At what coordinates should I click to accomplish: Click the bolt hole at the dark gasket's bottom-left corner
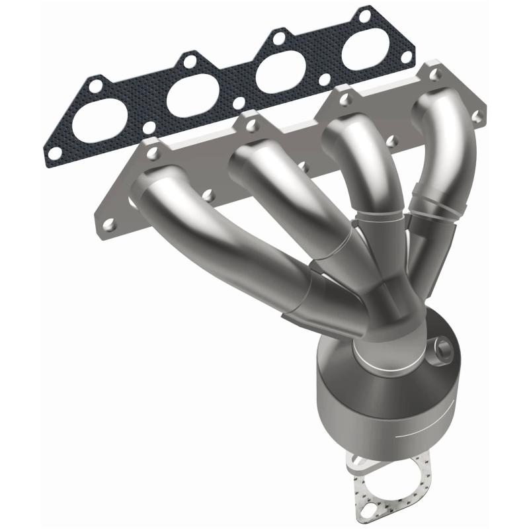coord(56,153)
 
